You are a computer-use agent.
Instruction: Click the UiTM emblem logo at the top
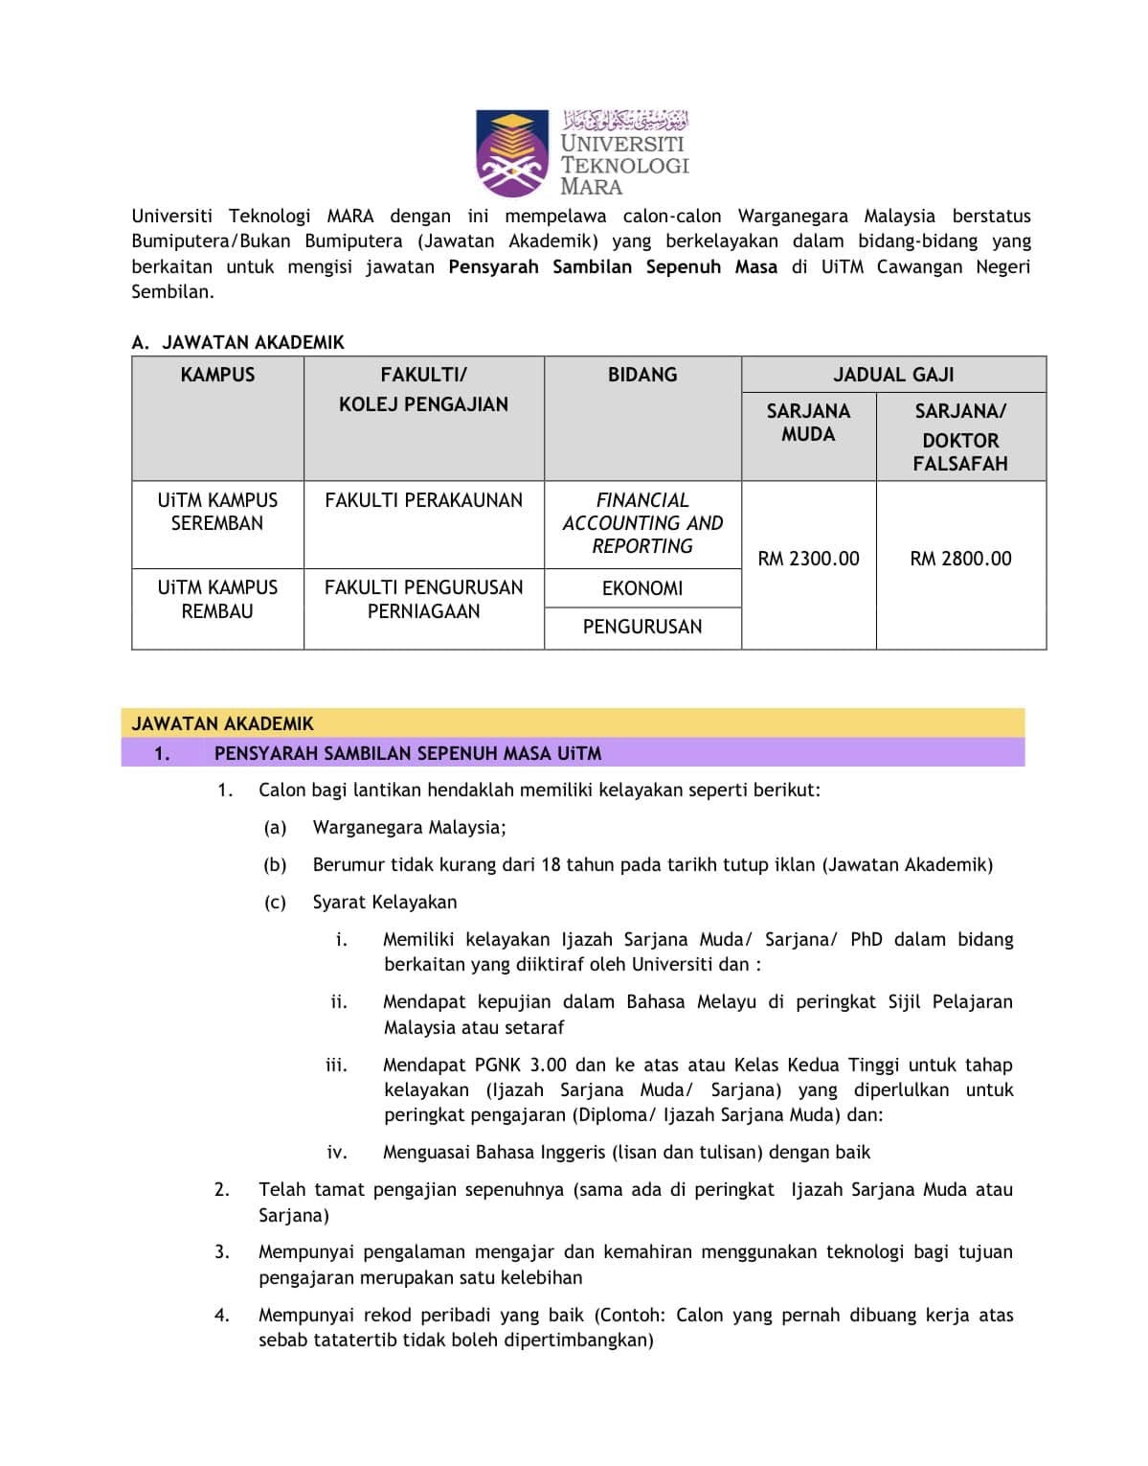point(513,153)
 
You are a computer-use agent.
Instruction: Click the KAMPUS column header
point(217,375)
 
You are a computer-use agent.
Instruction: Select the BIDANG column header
point(642,375)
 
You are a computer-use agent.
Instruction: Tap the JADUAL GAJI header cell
point(893,375)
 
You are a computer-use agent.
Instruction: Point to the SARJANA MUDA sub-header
point(808,423)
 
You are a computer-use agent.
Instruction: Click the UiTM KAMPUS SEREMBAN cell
point(217,512)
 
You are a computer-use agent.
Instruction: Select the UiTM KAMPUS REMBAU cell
point(217,599)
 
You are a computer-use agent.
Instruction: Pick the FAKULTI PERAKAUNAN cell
point(423,500)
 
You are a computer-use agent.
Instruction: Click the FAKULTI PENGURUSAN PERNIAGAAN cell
point(423,599)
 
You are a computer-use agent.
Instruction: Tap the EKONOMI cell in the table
point(642,588)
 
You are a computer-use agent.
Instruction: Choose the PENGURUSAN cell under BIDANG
point(642,627)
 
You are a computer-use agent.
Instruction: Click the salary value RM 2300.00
point(808,559)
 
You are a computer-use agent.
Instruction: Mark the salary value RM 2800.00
point(960,559)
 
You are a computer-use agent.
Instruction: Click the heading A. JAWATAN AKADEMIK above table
point(237,342)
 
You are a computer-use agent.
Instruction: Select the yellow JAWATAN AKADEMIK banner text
point(222,723)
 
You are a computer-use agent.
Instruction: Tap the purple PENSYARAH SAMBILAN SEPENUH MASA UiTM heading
point(408,753)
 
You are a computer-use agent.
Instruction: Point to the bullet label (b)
point(275,864)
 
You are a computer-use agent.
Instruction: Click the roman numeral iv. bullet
point(337,1152)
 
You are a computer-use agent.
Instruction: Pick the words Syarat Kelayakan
point(385,902)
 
